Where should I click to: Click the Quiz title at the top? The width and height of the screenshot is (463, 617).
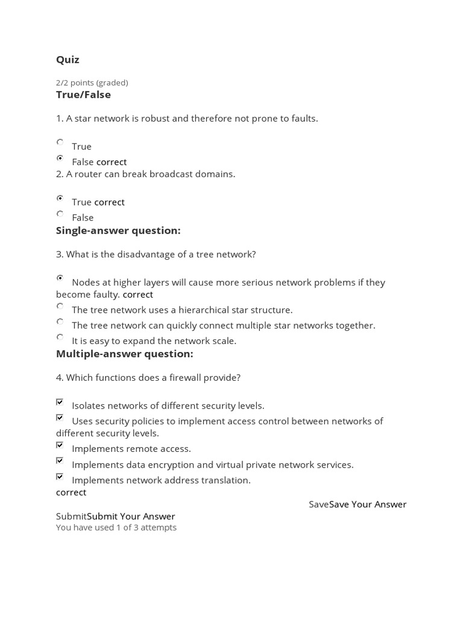coord(68,60)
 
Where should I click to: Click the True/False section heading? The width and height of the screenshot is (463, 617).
coord(83,95)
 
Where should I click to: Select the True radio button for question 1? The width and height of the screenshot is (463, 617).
coord(60,142)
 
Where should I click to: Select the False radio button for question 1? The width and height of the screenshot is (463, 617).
coord(60,158)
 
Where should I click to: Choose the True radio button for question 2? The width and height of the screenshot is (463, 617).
coord(60,198)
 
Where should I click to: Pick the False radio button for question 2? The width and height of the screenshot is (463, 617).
coord(60,213)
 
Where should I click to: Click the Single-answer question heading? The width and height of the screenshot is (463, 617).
coord(118,231)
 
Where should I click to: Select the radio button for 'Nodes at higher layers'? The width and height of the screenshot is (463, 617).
coord(60,278)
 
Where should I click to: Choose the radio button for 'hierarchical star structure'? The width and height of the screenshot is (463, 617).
coord(60,306)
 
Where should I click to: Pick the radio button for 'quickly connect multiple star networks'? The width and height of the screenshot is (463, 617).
coord(60,322)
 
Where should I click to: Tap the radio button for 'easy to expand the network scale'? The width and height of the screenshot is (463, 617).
coord(60,337)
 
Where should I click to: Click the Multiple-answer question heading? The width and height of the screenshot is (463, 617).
coord(124,354)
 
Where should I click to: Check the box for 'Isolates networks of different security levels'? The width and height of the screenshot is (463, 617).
coord(60,402)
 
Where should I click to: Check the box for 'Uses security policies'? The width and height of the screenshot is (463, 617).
coord(60,418)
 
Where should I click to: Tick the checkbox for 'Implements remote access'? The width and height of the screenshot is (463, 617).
coord(60,445)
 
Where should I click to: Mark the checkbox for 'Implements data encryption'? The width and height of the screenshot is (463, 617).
coord(60,461)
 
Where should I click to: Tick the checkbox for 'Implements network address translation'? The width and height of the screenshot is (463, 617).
coord(60,477)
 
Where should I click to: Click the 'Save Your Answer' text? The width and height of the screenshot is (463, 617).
coord(368,504)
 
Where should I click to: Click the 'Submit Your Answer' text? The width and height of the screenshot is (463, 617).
coord(131,516)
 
